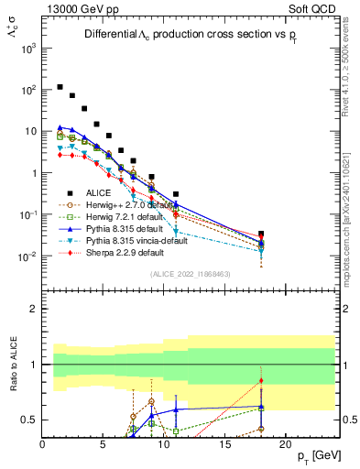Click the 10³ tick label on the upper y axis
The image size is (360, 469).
coord(28,49)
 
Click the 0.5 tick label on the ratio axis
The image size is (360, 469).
coord(30,420)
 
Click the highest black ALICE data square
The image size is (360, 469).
coord(60,87)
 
